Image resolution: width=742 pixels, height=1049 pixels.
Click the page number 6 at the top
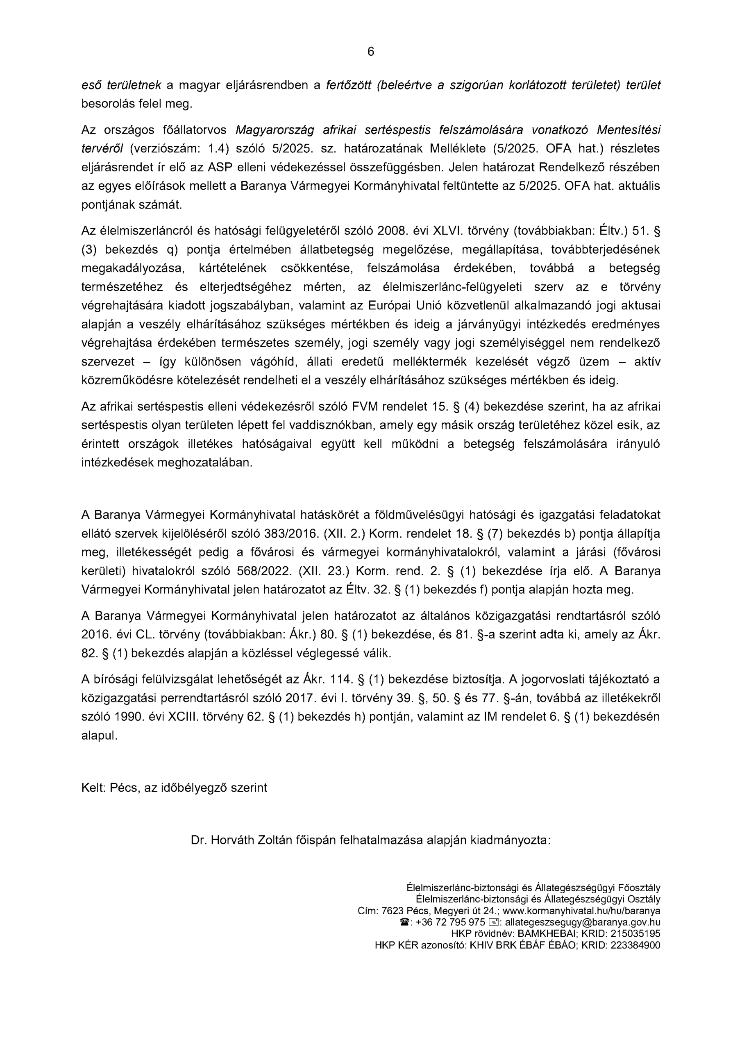click(x=370, y=52)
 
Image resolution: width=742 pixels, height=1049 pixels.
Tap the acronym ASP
click(x=220, y=168)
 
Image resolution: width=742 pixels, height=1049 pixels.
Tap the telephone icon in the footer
click(x=404, y=922)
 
